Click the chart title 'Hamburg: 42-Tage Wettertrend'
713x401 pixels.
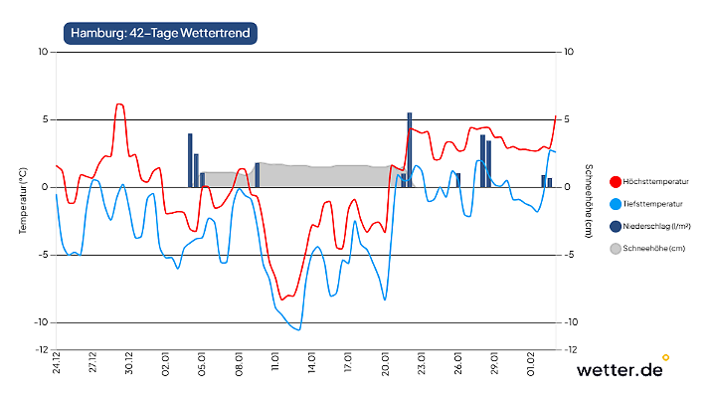tap(160, 33)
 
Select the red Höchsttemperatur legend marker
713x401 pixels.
tap(615, 182)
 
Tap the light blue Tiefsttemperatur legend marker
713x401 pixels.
tap(615, 204)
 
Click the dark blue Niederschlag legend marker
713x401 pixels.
tap(615, 226)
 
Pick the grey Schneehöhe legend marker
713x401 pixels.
tap(615, 248)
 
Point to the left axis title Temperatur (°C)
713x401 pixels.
tap(22, 200)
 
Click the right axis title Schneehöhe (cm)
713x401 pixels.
tap(589, 200)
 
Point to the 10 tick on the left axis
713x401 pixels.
tap(43, 52)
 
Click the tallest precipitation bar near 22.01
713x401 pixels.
tap(409, 149)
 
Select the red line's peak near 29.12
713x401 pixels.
tap(119, 103)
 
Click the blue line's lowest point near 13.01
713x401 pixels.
tap(297, 329)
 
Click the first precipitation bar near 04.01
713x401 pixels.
tap(190, 160)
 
